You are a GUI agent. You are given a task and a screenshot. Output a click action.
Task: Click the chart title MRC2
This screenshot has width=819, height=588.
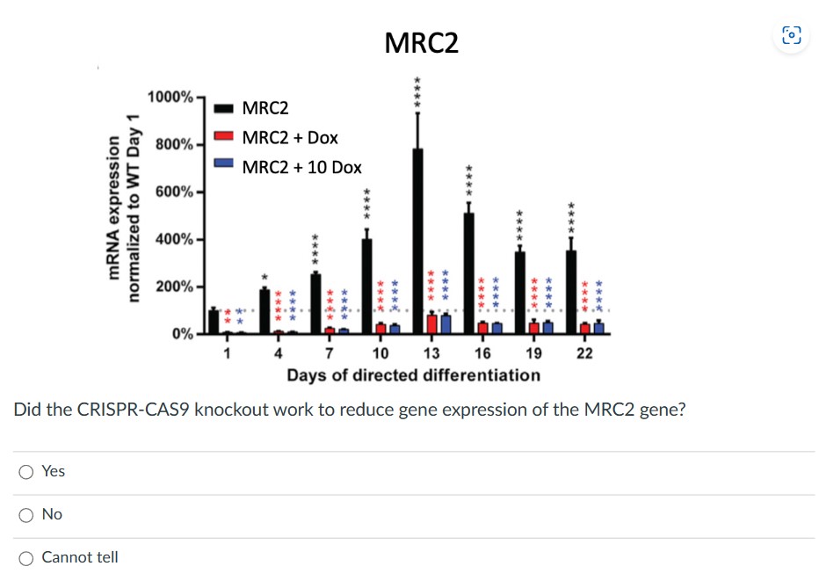tap(422, 42)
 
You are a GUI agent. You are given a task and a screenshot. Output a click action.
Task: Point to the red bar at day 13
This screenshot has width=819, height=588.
tap(431, 324)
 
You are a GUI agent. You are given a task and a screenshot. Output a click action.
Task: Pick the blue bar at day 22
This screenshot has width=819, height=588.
tap(598, 329)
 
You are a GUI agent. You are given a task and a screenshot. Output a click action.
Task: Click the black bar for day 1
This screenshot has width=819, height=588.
tap(214, 322)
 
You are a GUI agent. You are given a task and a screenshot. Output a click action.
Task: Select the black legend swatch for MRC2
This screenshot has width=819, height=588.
tap(224, 108)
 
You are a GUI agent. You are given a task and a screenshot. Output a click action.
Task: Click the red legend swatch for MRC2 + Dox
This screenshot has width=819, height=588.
tap(224, 137)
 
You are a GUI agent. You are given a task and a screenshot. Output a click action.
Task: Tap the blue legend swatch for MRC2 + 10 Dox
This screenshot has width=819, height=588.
tap(224, 166)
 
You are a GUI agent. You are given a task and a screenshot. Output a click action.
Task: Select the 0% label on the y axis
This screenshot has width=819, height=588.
tap(183, 334)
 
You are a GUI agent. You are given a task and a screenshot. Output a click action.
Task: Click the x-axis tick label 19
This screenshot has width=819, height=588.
tap(533, 353)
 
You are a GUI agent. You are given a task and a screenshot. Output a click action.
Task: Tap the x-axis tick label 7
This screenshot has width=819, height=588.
tap(329, 353)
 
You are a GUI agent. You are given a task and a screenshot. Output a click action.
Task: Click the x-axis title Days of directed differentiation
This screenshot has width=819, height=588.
tap(413, 375)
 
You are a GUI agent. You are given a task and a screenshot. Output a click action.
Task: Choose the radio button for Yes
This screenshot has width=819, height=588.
tap(27, 472)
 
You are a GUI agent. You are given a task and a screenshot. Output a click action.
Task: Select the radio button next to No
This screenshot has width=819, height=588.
tap(27, 515)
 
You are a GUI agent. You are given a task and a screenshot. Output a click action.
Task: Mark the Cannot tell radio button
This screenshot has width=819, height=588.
tap(27, 558)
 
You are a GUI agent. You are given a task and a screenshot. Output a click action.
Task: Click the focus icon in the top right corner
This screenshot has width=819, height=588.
tap(792, 36)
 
